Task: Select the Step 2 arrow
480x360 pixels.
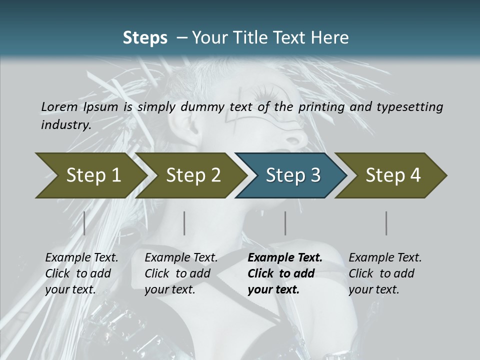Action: click(193, 175)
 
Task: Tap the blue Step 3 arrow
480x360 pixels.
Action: click(293, 175)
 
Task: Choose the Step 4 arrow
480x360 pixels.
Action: click(393, 175)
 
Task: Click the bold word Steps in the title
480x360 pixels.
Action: click(145, 38)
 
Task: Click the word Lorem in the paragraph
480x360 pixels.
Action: click(59, 106)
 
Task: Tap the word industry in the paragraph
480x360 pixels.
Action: click(65, 125)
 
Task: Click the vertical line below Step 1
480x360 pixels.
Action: click(84, 223)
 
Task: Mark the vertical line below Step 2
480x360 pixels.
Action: click(184, 223)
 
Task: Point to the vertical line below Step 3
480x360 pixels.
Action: click(285, 223)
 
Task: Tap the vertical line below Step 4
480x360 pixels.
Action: click(386, 223)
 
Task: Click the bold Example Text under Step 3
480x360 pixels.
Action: click(285, 258)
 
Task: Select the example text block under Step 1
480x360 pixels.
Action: click(81, 273)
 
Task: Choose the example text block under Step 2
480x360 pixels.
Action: click(181, 273)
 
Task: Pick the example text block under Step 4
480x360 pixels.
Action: click(385, 273)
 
